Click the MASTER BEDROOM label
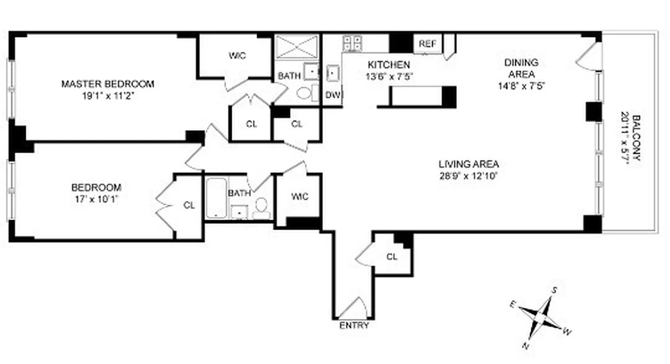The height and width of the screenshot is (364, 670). click(x=108, y=84)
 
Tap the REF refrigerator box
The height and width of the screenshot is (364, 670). click(x=427, y=44)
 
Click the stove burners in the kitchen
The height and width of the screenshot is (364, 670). click(x=353, y=43)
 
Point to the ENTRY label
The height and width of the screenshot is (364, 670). click(x=354, y=325)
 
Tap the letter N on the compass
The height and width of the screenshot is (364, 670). click(x=525, y=347)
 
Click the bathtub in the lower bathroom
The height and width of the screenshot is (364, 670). click(x=216, y=198)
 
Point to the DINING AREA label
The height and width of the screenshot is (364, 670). click(x=521, y=68)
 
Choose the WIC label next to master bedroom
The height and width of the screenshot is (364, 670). click(x=237, y=56)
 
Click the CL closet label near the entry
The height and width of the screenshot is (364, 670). click(x=392, y=257)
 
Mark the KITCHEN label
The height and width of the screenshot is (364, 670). click(x=389, y=65)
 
